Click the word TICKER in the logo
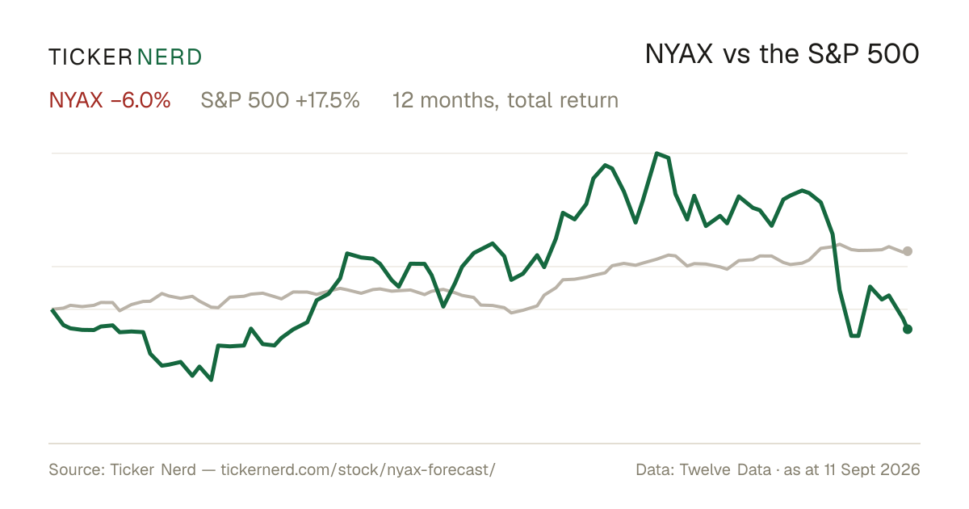coord(90,57)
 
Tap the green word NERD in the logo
coord(169,57)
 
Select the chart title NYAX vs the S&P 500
coord(782,54)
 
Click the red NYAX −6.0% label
coord(110,100)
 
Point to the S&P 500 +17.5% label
coord(280,100)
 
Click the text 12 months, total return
coord(505,100)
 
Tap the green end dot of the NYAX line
coord(908,330)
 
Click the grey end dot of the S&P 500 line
coord(908,251)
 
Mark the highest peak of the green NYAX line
coord(656,154)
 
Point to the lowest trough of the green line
coord(211,380)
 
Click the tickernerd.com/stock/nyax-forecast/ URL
coord(359,469)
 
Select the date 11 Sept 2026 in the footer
coord(872,469)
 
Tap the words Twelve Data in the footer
coord(725,469)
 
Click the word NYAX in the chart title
coord(679,54)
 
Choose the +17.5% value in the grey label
coord(328,100)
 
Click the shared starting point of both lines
coord(52,309)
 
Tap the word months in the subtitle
coord(458,100)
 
